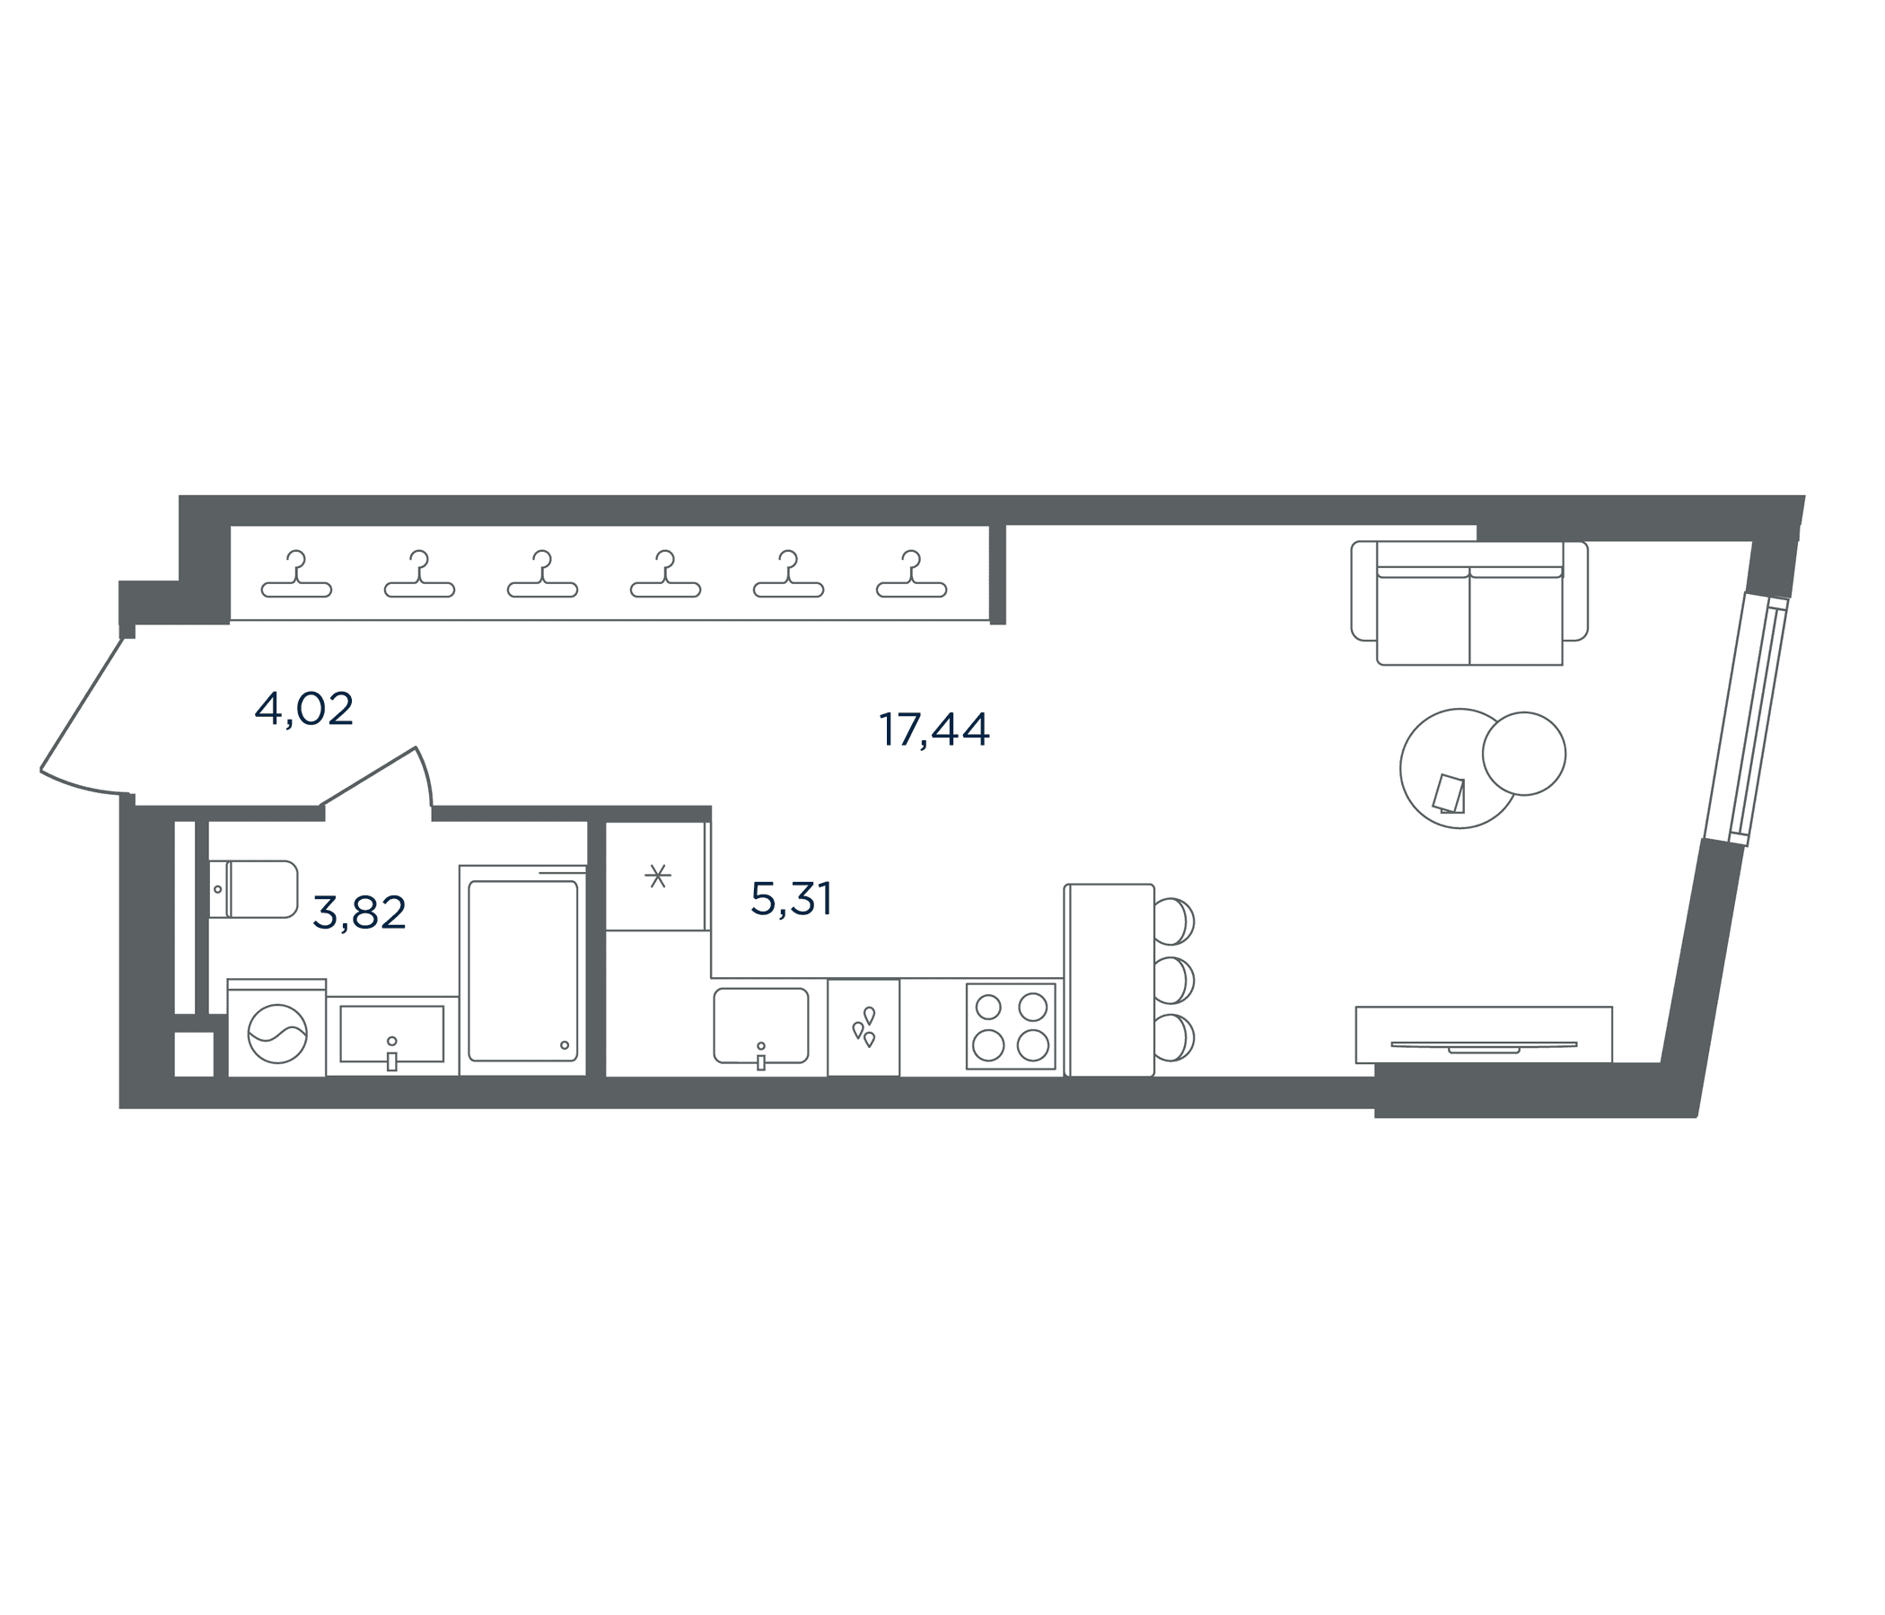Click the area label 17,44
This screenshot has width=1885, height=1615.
coord(934,729)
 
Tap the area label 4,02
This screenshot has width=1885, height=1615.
coord(304,709)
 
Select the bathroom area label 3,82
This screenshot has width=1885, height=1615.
coord(358,912)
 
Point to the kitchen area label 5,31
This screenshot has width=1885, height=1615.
coord(792,899)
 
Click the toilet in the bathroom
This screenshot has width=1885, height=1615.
coord(253,888)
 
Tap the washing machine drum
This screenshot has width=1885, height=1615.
coord(277,1034)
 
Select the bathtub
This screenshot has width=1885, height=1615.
coord(523,970)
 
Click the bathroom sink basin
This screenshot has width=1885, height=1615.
coord(392,1033)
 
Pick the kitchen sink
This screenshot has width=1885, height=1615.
coord(760,1025)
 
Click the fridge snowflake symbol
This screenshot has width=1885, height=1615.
coord(658,876)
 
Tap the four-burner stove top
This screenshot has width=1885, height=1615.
coord(1011,1026)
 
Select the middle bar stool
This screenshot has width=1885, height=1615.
coord(1173,981)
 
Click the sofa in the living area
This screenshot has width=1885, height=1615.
coord(1469,603)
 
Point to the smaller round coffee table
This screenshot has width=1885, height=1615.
coord(1524,754)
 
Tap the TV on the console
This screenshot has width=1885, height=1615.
coord(1484,1047)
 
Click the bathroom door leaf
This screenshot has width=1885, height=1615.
coord(367,776)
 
